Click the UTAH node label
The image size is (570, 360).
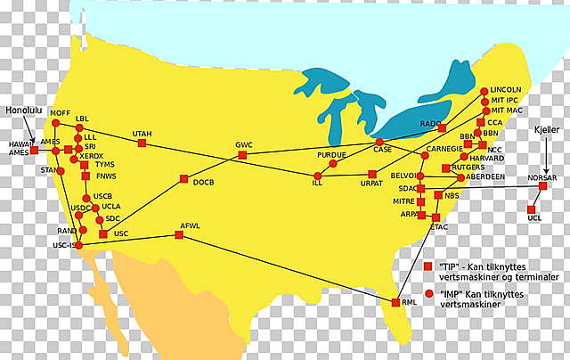[x=142, y=134]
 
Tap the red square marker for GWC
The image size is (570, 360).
[x=242, y=155]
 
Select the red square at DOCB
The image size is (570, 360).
[x=183, y=178]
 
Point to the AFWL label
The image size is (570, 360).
[x=190, y=225]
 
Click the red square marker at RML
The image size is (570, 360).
[x=395, y=303]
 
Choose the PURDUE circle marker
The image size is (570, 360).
[x=333, y=164]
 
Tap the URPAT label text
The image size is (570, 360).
[x=371, y=184]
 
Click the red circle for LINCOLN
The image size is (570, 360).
[x=484, y=91]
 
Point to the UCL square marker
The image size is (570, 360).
[x=533, y=209]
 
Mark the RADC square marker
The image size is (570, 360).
[x=442, y=128]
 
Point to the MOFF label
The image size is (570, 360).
[x=60, y=113]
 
